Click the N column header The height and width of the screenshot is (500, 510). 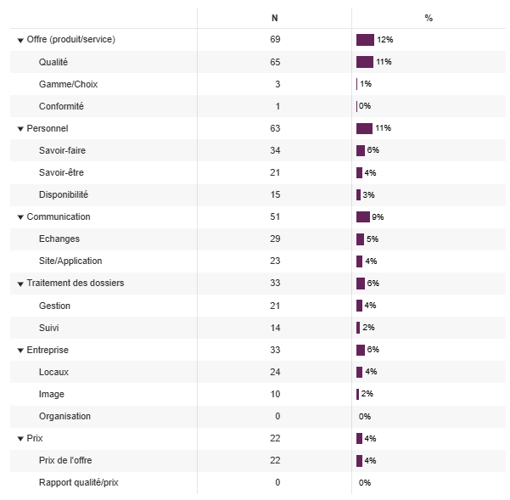(274, 18)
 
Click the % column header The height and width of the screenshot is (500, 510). (429, 18)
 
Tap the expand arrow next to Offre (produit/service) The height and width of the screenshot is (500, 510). (20, 40)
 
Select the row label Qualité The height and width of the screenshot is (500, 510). (53, 62)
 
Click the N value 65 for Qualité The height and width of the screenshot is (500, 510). (274, 62)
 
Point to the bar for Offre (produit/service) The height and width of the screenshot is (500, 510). (365, 40)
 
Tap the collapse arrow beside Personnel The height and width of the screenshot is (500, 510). (20, 129)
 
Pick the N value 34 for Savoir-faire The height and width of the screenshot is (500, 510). (274, 150)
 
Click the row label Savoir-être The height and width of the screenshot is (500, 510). (61, 172)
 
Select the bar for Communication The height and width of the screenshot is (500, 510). (363, 216)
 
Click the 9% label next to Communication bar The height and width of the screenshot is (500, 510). (378, 216)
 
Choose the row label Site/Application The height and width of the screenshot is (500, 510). (70, 261)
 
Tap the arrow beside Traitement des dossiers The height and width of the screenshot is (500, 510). (20, 284)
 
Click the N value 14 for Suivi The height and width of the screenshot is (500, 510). (274, 328)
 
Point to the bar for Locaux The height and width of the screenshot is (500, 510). (360, 372)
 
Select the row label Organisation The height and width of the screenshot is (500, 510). (64, 416)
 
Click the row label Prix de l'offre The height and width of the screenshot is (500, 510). (65, 460)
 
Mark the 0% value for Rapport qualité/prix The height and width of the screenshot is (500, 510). (365, 482)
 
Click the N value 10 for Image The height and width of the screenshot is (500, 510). (274, 394)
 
